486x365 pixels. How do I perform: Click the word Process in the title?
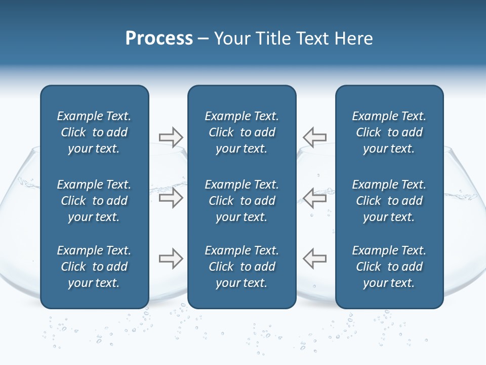(159, 39)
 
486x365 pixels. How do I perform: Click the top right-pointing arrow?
(171, 137)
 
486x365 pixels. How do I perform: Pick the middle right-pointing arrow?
(171, 198)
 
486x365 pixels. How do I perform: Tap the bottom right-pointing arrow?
(171, 259)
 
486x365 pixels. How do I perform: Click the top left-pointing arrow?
(314, 137)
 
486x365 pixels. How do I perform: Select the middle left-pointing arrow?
(314, 198)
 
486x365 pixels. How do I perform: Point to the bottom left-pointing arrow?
(314, 259)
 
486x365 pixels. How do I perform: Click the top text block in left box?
(94, 132)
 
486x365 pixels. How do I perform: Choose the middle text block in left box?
(94, 201)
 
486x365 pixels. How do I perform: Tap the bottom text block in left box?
(94, 267)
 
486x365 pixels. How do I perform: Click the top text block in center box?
(241, 132)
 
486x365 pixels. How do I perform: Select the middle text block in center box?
(241, 201)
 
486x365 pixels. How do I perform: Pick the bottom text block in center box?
(241, 267)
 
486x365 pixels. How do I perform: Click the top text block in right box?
(389, 132)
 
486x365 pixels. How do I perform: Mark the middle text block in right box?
(389, 201)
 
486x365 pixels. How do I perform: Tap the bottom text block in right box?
(389, 267)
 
